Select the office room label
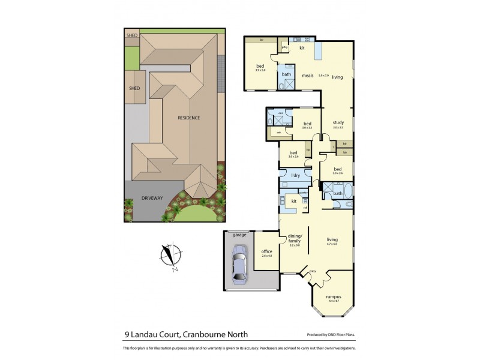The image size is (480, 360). [267, 251]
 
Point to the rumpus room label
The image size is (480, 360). [333, 296]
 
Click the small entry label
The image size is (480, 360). [313, 272]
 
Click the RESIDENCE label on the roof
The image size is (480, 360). [188, 118]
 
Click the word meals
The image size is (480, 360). [308, 76]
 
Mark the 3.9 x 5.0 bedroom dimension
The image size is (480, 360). [260, 70]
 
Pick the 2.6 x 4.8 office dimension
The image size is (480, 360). [267, 256]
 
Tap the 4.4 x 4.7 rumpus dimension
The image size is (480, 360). [333, 300]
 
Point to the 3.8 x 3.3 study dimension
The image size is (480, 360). [337, 127]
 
